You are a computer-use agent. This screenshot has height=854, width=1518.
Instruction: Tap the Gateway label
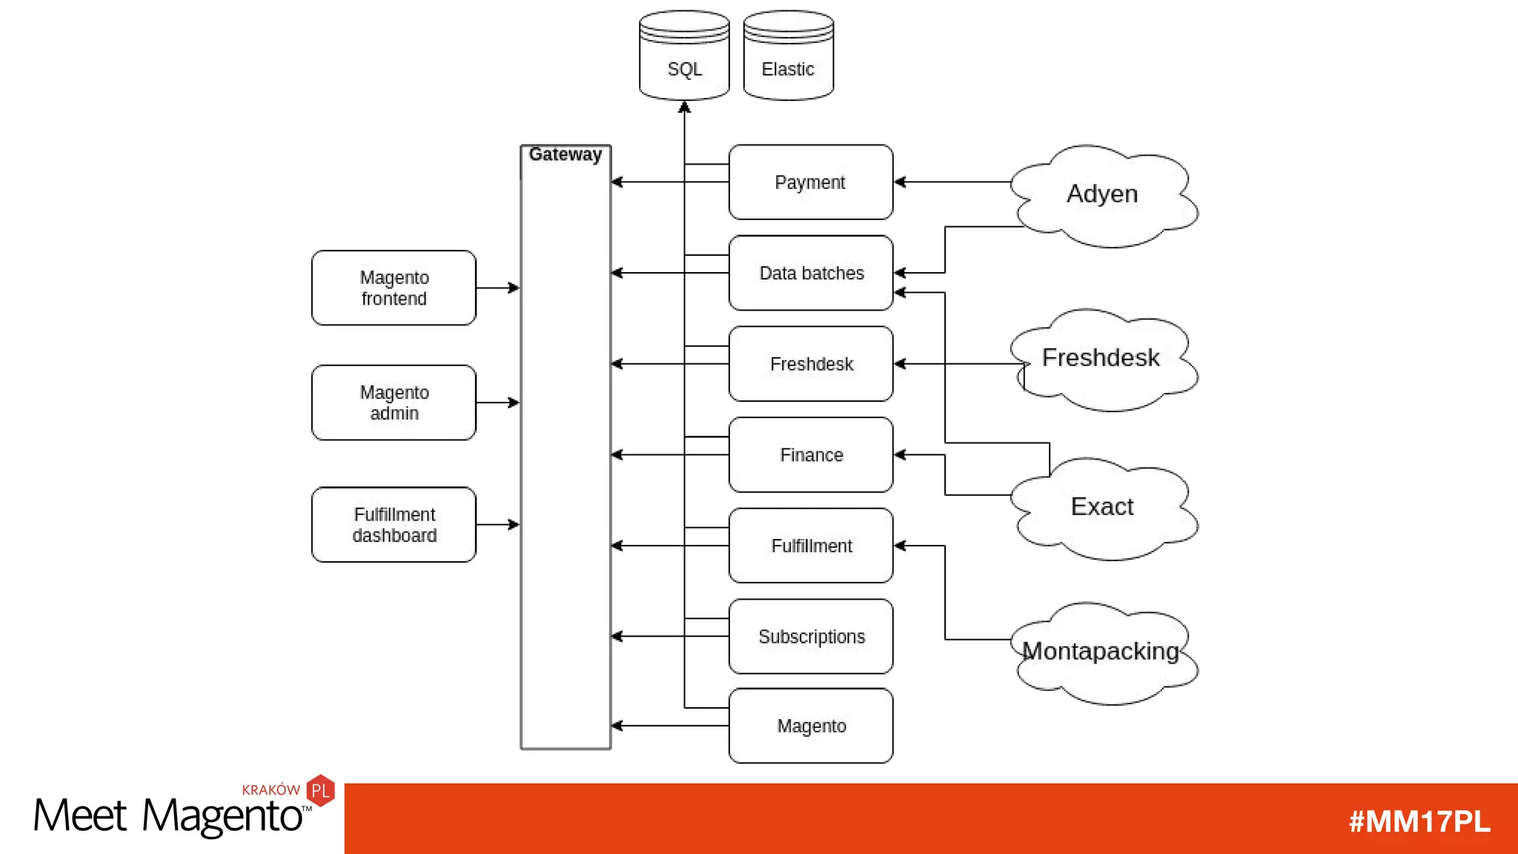point(565,154)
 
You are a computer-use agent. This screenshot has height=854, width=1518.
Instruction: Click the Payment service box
point(810,182)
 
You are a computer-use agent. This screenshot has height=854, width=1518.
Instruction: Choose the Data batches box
point(810,273)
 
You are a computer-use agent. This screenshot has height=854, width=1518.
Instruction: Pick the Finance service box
point(810,454)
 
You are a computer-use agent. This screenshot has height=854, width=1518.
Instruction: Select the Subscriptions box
point(810,636)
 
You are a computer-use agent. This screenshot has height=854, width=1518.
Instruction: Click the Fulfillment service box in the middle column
point(810,546)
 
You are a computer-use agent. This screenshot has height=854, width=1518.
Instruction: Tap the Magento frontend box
point(394,288)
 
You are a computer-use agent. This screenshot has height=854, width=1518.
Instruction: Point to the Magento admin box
point(394,403)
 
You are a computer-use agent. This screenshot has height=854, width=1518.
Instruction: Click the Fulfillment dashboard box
point(394,524)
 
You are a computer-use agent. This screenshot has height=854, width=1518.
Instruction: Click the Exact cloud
point(1103,507)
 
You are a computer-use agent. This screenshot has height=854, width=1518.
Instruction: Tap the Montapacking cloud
point(1103,652)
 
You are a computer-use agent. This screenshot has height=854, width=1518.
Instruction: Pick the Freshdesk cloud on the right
point(1103,359)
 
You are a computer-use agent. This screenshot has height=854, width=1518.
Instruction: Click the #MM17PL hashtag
point(1419,821)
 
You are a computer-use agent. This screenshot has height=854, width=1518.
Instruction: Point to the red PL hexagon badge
point(321,790)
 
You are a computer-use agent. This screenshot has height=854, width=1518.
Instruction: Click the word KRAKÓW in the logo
point(271,790)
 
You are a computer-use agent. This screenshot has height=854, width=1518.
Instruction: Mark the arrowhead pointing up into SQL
point(684,107)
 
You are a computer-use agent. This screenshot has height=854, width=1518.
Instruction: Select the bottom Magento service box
point(810,726)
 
